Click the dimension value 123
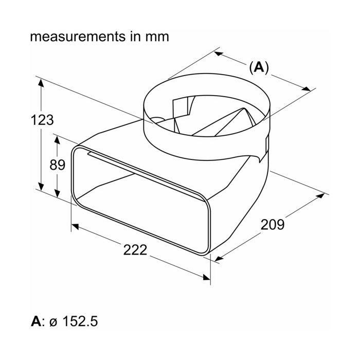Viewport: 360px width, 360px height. pyautogui.click(x=42, y=120)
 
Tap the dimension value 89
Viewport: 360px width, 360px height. pyautogui.click(x=58, y=165)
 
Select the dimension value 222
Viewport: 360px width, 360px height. pyautogui.click(x=135, y=250)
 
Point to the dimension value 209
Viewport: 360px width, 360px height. pyautogui.click(x=273, y=225)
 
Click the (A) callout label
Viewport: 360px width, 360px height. pyautogui.click(x=259, y=67)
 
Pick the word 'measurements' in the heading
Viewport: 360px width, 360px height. pyautogui.click(x=78, y=37)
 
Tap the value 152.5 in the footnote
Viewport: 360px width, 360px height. pyautogui.click(x=80, y=321)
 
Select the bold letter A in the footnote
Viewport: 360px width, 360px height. pyautogui.click(x=36, y=321)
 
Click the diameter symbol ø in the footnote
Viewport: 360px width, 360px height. pyautogui.click(x=53, y=322)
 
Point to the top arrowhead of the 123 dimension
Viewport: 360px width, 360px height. pyautogui.click(x=41, y=83)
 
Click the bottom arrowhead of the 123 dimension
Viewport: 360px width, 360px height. pyautogui.click(x=41, y=186)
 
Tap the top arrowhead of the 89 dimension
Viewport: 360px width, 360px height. pyautogui.click(x=57, y=140)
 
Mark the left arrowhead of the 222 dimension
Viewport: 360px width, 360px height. pyautogui.click(x=75, y=227)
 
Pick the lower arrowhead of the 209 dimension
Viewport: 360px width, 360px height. pyautogui.click(x=219, y=259)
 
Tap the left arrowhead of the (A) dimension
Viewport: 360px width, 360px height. pyautogui.click(x=219, y=53)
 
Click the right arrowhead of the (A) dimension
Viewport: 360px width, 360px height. pyautogui.click(x=307, y=89)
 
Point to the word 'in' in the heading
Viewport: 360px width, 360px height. pyautogui.click(x=135, y=37)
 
